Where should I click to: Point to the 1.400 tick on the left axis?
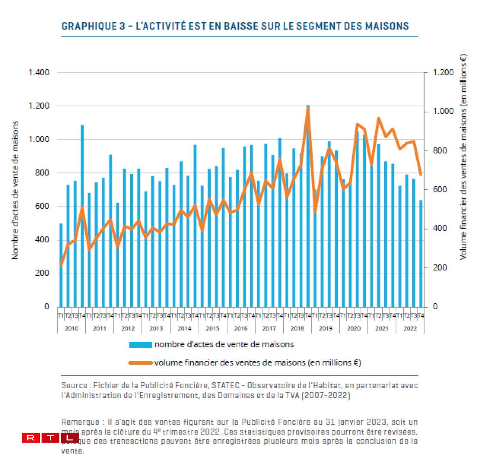pyautogui.click(x=39, y=72)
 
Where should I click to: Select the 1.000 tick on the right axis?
pyautogui.click(x=443, y=111)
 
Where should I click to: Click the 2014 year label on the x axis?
pyautogui.click(x=184, y=328)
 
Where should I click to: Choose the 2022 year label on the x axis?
pyautogui.click(x=410, y=328)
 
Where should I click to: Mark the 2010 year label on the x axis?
pyautogui.click(x=72, y=328)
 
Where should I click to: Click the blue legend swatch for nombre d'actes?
pyautogui.click(x=140, y=345)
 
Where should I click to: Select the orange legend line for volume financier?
pyautogui.click(x=140, y=363)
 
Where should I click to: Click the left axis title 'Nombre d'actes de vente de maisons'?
pyautogui.click(x=15, y=190)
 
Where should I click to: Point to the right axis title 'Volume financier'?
pyautogui.click(x=463, y=157)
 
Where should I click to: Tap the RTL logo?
pyautogui.click(x=50, y=438)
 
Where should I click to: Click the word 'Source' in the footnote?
pyautogui.click(x=74, y=386)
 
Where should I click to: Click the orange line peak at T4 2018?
pyautogui.click(x=308, y=108)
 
